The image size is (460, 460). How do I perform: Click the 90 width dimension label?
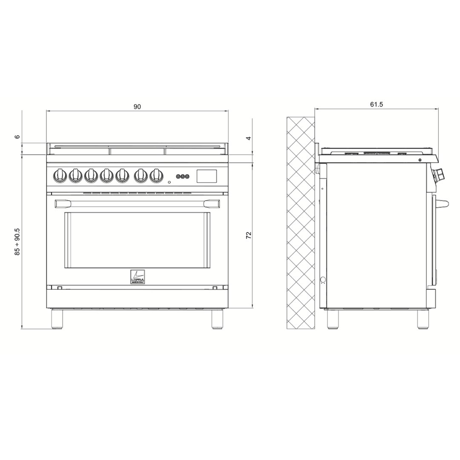coord(137,107)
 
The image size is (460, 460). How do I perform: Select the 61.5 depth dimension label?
coord(377,104)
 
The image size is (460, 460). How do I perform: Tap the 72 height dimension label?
coord(249,235)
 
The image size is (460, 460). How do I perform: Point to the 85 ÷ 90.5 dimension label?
coord(17,241)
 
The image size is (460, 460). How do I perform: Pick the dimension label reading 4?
coord(249,138)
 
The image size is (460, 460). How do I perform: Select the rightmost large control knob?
coord(156,175)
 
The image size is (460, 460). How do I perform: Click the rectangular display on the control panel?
coord(207,176)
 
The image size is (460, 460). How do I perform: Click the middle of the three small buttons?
coord(183,176)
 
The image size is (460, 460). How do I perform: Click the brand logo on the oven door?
coord(138,277)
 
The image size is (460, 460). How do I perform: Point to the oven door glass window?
coord(137,240)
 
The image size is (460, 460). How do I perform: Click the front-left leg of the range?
coord(57,319)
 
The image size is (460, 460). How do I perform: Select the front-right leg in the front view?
coord(217,319)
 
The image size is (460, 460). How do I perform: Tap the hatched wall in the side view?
coord(301,221)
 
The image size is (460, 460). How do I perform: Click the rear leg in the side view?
coord(333,319)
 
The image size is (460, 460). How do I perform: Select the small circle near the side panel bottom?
coord(322,280)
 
